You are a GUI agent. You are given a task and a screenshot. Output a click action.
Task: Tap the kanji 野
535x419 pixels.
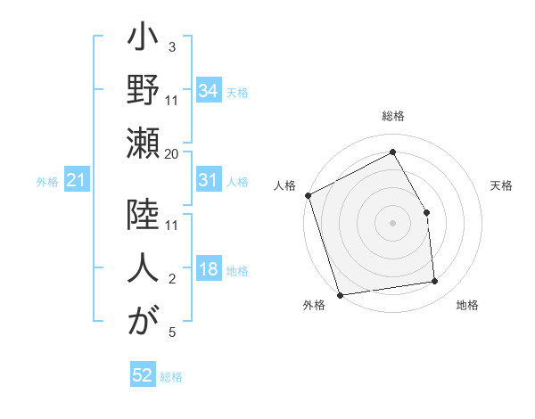(x=143, y=91)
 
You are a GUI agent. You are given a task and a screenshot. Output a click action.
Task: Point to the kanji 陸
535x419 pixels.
(x=143, y=218)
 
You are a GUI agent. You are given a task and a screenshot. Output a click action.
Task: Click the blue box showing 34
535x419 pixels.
(x=208, y=91)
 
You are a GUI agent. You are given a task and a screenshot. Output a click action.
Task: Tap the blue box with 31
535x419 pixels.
(x=208, y=181)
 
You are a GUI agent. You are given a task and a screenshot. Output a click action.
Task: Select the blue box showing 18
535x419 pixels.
(x=208, y=270)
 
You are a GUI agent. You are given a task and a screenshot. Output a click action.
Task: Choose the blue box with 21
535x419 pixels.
(x=76, y=181)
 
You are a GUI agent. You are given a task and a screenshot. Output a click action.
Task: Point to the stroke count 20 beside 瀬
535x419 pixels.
(x=172, y=153)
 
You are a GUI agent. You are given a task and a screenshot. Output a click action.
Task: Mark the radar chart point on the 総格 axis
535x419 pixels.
(x=392, y=152)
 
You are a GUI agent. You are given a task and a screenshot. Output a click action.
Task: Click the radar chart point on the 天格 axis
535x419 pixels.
(x=426, y=212)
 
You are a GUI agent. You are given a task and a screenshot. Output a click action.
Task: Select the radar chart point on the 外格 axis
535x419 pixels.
(x=340, y=294)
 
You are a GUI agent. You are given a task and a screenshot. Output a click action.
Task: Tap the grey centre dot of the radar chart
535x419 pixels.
(x=392, y=223)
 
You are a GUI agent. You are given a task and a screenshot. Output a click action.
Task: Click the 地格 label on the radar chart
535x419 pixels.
(x=467, y=305)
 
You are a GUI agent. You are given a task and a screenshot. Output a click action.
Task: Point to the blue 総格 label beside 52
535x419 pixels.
(x=171, y=377)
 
